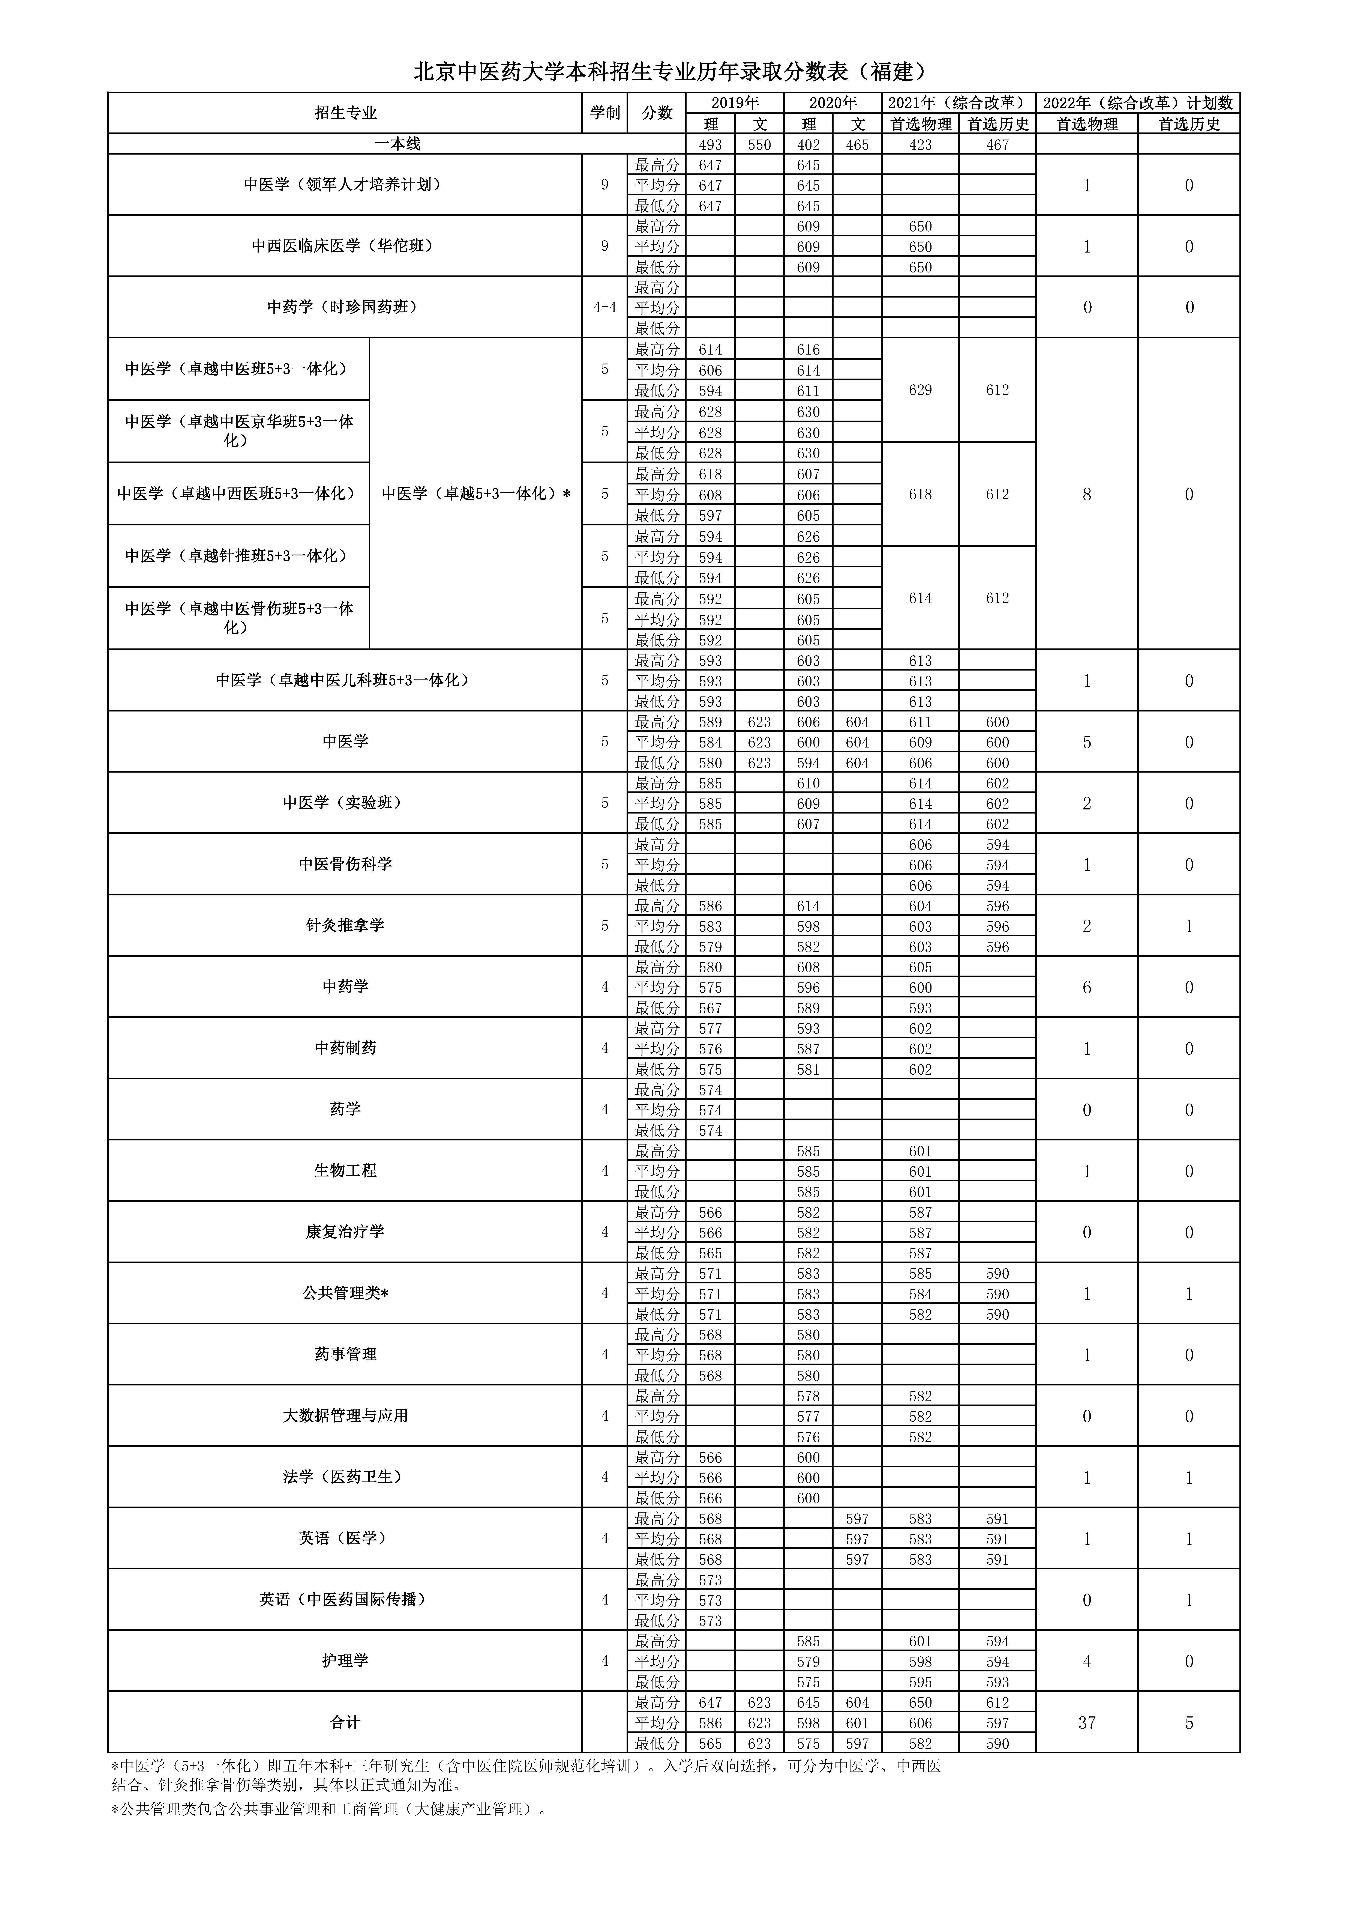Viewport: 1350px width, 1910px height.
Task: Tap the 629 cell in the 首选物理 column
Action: pos(920,390)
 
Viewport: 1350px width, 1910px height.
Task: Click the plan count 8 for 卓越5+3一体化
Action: pos(1086,494)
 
